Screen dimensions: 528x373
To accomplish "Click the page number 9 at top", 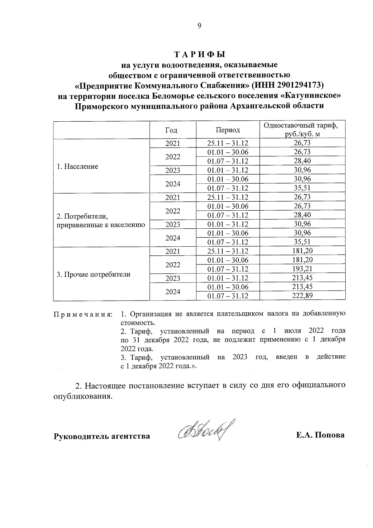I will [x=199, y=26].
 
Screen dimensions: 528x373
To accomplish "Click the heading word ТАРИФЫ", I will [x=199, y=54].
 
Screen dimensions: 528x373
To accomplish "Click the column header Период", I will [x=228, y=130].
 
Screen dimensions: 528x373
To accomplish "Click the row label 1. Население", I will [x=77, y=166].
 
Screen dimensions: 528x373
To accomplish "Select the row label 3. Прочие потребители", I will [x=93, y=274].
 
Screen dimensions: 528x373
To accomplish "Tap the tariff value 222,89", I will [x=302, y=296].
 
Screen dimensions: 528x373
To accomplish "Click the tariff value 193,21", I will [x=302, y=269].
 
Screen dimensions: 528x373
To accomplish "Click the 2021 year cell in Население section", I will [x=173, y=143].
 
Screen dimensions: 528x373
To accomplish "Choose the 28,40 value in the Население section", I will [x=302, y=161].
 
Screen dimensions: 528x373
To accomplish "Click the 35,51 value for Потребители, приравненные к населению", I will [x=302, y=242].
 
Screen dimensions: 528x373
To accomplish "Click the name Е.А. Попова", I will [x=320, y=435].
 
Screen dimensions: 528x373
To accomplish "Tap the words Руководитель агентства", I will [x=102, y=436].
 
